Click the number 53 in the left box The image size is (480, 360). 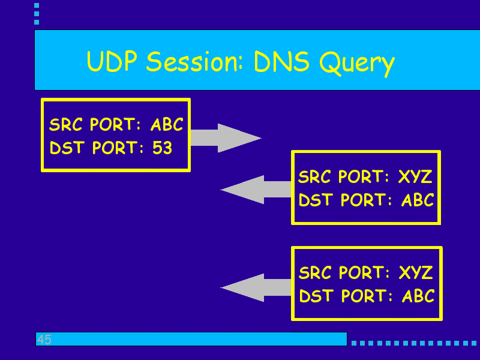[x=162, y=148]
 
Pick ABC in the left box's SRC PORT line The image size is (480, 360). [x=166, y=125]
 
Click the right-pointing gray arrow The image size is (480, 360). [x=225, y=138]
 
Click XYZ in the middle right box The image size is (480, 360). [x=415, y=177]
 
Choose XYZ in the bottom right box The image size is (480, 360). [x=416, y=273]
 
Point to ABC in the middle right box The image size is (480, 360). [x=418, y=200]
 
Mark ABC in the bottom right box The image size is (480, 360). [x=418, y=296]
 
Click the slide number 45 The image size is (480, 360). [x=44, y=340]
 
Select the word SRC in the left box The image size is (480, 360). [x=67, y=125]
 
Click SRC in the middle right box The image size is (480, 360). [x=316, y=177]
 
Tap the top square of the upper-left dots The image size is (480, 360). [x=37, y=5]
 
